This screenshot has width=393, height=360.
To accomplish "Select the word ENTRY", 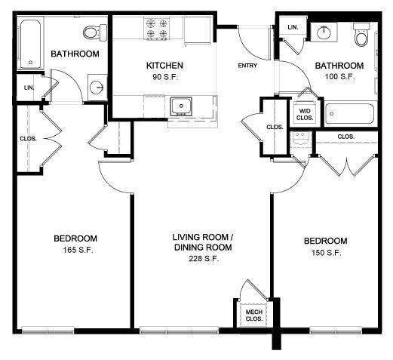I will pos(247,66).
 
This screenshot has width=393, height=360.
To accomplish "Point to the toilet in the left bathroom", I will pos(93,32).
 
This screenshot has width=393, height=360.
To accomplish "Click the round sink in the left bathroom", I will pos(97,87).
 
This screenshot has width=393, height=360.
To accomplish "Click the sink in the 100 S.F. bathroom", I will pos(325,32).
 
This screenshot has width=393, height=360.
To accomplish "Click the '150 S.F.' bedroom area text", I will pos(326,253).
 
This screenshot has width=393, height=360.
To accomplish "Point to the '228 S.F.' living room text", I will pos(202,259).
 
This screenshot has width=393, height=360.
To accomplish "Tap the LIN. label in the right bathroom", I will pos(293,28).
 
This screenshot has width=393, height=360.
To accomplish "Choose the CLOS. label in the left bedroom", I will pos(28,139).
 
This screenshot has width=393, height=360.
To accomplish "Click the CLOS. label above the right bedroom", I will pos(346,137).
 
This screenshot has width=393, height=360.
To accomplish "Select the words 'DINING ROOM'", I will pos(202,248).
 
